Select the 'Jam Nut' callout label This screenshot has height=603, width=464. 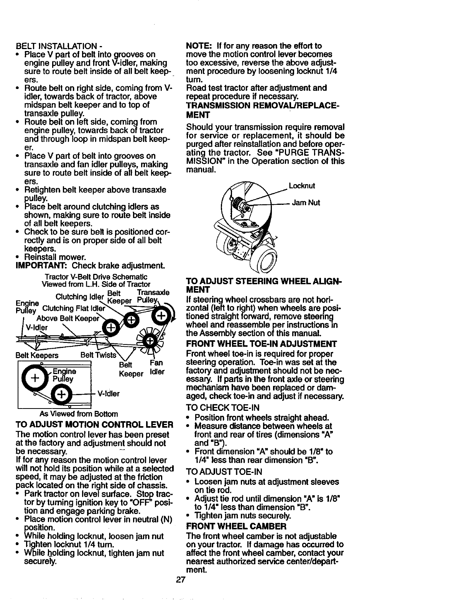pos(306,203)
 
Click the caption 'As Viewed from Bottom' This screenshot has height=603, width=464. pos(79,414)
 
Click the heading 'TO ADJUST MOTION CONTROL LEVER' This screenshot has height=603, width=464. pos(94,425)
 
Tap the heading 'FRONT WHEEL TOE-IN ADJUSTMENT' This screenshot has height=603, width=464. pos(261,343)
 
